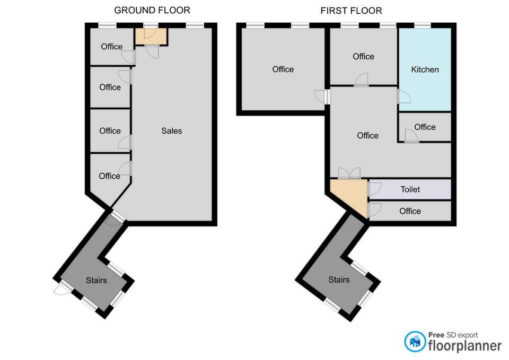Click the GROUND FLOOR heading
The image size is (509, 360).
152,11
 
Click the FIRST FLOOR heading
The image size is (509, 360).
351,11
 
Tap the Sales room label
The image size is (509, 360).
171,131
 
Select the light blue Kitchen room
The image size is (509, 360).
425,69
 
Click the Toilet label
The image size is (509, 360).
410,189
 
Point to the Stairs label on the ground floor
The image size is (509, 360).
96,280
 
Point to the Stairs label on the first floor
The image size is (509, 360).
339,279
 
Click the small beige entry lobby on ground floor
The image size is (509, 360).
151,36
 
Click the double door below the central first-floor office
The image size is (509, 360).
349,173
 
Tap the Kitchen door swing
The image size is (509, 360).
404,96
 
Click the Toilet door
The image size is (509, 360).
374,189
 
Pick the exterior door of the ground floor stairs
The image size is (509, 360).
62,289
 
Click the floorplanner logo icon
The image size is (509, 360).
415,341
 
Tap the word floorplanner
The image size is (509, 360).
464,346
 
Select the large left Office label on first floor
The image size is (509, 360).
283,69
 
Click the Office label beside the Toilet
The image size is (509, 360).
410,211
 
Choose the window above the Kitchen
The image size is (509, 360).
423,25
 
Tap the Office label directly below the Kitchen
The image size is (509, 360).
425,127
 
